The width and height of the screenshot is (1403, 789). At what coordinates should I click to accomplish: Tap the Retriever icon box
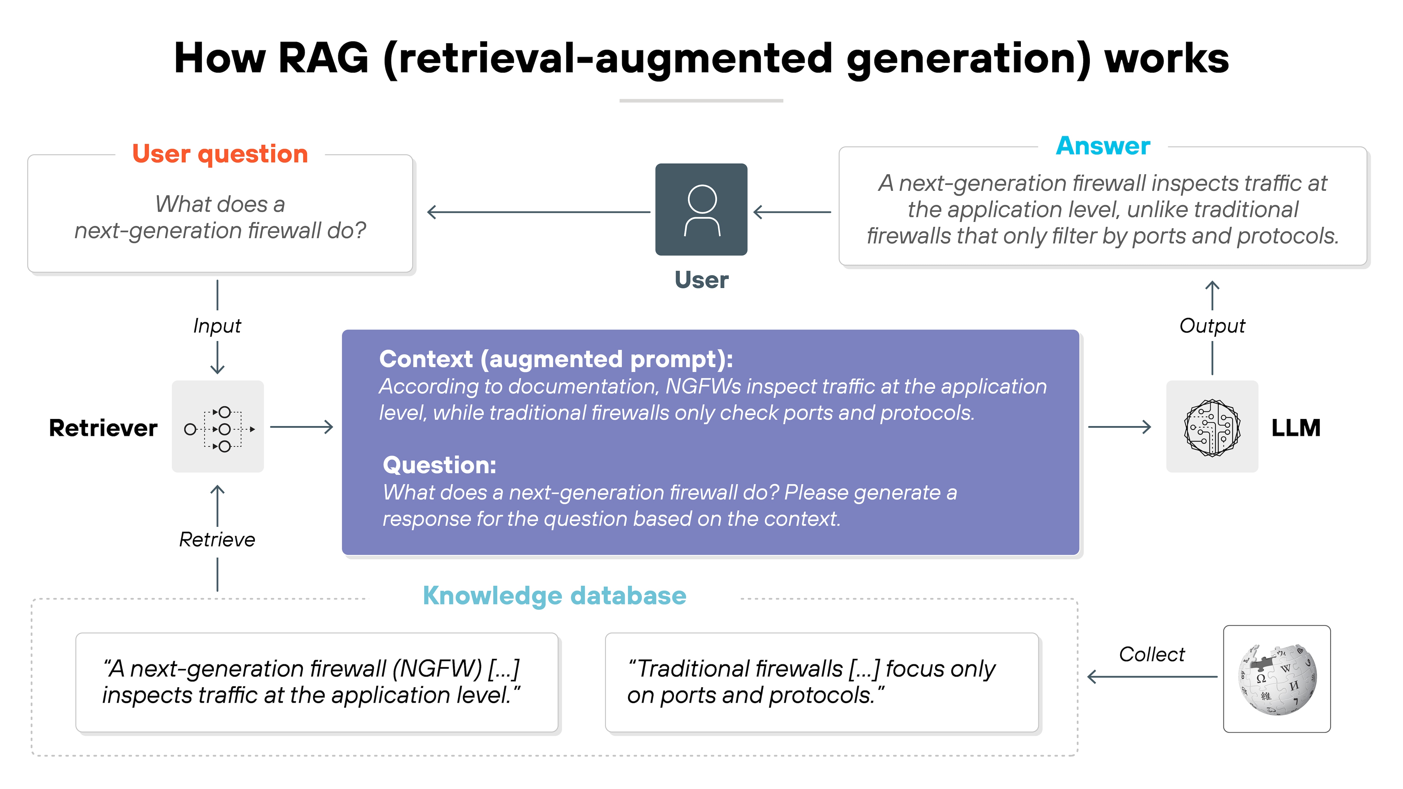point(218,427)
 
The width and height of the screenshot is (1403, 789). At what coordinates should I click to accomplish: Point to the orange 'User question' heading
point(220,154)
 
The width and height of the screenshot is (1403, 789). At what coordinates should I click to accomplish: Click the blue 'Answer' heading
point(1103,146)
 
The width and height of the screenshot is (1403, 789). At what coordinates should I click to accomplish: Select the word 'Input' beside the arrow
point(217,326)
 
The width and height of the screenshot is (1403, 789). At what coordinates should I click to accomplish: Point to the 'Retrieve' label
point(217,540)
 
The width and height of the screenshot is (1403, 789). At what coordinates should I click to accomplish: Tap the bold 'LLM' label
point(1296,428)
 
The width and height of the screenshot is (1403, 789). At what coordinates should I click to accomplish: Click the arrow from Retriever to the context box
point(301,427)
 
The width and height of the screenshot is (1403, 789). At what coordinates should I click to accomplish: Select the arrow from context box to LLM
point(1119,427)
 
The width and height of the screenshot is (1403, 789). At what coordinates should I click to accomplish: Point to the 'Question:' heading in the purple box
point(439,465)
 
